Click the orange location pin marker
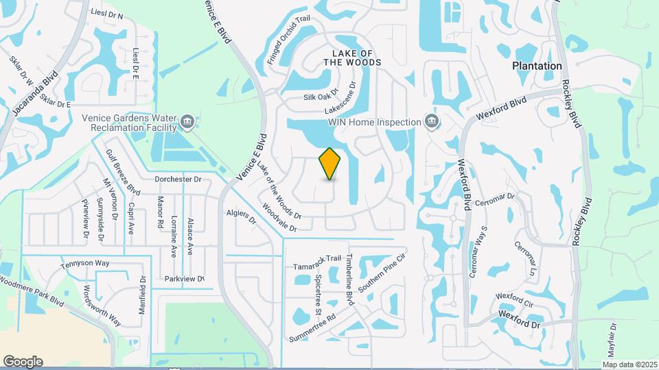(330, 164)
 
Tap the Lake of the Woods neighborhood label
(356, 58)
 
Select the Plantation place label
(537, 66)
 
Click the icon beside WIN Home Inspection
(432, 122)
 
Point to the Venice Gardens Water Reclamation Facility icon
(187, 123)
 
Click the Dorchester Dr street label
(177, 179)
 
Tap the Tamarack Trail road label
(317, 258)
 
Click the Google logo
(23, 362)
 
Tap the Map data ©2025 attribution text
(630, 364)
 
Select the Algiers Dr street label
(241, 217)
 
